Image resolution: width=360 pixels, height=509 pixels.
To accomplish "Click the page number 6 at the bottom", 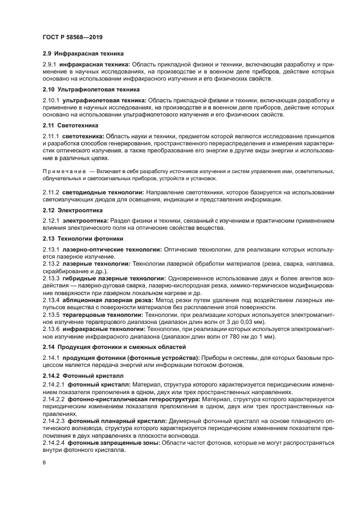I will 45,462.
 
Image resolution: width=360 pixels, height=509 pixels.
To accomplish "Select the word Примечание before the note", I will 64,171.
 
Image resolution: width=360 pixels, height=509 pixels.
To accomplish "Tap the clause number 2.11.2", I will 51,192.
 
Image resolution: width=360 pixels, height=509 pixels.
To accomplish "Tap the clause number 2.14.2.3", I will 53,421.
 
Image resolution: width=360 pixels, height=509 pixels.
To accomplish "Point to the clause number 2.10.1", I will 51,101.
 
